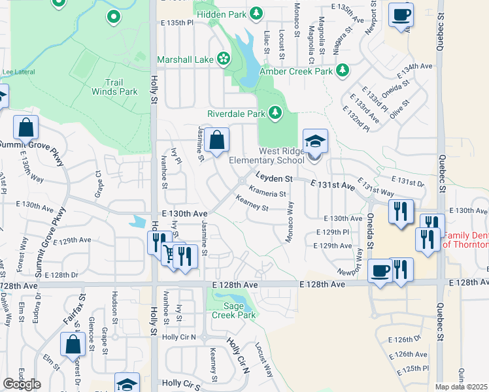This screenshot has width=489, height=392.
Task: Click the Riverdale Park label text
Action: point(236,113)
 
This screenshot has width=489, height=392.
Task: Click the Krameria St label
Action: point(268,193)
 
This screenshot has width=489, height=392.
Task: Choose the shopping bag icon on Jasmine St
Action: point(216,139)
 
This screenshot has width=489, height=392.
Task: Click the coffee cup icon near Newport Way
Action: point(380,270)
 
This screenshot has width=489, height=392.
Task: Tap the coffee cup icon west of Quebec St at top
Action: point(401,14)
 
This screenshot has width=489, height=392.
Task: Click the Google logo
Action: point(22,384)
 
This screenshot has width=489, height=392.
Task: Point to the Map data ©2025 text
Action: point(462,387)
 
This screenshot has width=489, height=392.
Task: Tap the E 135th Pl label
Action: point(177,22)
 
